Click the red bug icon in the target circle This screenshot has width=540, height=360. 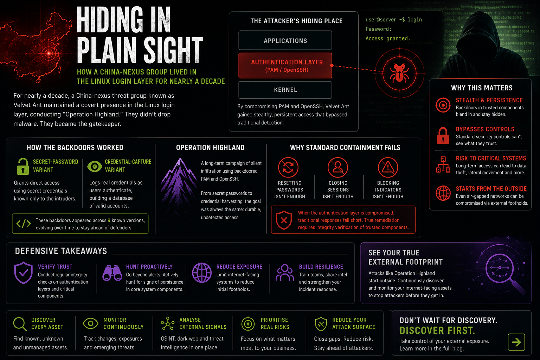pos(399,73)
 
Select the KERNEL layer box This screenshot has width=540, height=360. pos(285,90)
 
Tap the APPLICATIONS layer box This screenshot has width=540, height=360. pos(285,40)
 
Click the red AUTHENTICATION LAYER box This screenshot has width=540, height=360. pos(285,66)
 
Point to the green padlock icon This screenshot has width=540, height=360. pos(23,166)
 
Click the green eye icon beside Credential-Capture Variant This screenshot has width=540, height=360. pos(95,166)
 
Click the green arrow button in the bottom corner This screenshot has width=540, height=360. pos(516,342)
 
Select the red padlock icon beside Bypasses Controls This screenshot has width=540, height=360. pos(443,136)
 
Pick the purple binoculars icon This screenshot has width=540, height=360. pos(112,273)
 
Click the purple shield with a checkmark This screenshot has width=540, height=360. pos(24,273)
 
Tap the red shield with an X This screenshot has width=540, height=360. pos(284,220)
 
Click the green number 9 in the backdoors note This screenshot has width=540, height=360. pos(109,220)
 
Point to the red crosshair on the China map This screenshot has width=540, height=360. pos(49,53)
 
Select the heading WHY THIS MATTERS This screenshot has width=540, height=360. pos(482,88)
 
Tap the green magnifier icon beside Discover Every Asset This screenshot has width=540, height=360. pos(20,324)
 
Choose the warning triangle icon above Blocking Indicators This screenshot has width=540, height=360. pos(388,167)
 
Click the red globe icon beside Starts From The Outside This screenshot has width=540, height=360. pos(443,193)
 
